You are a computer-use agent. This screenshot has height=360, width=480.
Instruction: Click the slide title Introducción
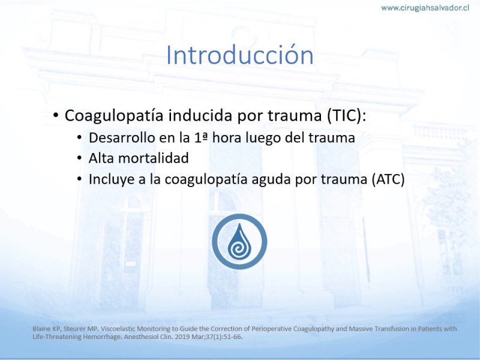[x=239, y=55]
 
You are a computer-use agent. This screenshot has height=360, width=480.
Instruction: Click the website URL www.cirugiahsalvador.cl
[x=425, y=8]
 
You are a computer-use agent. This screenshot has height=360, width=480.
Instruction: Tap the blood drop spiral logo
[x=239, y=242]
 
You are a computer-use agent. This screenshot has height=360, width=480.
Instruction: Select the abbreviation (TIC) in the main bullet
[x=346, y=116]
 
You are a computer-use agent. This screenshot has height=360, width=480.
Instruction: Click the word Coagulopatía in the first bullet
[x=114, y=116]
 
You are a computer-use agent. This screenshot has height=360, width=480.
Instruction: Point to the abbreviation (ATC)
[x=388, y=179]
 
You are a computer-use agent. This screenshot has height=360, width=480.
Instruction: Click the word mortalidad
[x=154, y=158]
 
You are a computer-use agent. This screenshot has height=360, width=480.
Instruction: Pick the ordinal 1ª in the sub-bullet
[x=201, y=138]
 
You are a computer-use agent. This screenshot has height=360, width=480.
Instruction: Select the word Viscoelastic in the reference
[x=118, y=329]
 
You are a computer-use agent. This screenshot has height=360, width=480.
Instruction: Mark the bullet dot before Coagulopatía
[x=55, y=115]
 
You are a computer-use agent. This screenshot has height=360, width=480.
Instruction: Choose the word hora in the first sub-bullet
[x=227, y=138]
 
